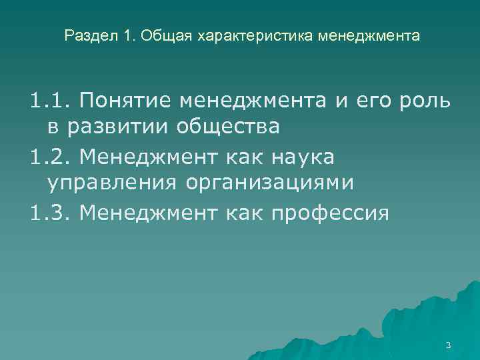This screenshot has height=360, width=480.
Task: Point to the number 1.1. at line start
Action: coord(50,101)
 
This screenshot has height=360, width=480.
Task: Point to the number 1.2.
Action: coord(50,157)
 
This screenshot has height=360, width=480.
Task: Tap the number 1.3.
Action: coord(50,214)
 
